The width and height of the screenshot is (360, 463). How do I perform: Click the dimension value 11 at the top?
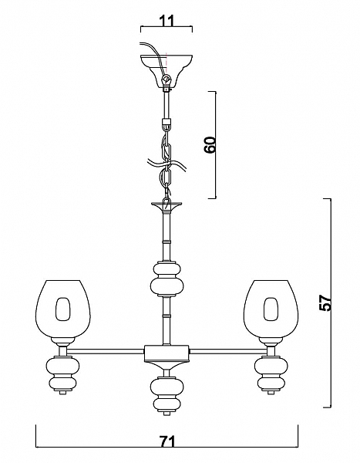tap(167, 21)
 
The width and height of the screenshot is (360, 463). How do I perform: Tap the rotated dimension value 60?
tap(210, 145)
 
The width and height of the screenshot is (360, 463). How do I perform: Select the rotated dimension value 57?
tap(325, 302)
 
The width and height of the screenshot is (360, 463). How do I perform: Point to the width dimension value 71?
tap(167, 441)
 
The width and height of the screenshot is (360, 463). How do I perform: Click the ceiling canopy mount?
tap(167, 71)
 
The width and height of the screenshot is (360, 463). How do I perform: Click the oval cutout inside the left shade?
tap(63, 309)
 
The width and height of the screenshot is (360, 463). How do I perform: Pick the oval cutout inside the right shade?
tap(271, 309)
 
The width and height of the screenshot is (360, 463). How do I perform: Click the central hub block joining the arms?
tap(167, 353)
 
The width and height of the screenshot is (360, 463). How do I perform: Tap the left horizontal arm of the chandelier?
tap(106, 351)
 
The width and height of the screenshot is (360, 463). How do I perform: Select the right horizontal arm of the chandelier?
tap(228, 351)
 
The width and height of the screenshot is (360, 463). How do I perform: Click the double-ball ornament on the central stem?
tap(167, 279)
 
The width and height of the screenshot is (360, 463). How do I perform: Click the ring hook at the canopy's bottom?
tap(167, 79)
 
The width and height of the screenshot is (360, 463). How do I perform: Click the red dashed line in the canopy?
tap(167, 63)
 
